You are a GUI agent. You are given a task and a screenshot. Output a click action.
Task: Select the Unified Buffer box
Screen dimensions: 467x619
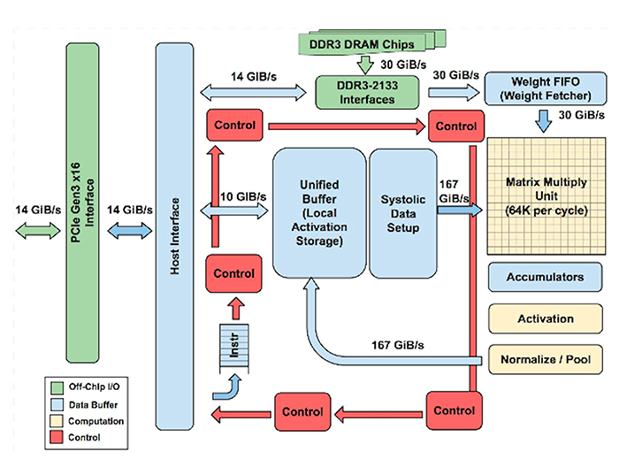[x=318, y=212]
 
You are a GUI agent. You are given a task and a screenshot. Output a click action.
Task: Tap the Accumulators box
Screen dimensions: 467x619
[x=544, y=277]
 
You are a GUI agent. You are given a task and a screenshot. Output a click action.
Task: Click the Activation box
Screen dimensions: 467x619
[x=544, y=318]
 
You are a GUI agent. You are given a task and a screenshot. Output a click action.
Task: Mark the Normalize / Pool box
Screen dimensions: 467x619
[x=544, y=360]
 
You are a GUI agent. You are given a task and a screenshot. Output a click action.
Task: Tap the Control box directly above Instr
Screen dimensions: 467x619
[x=234, y=273]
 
